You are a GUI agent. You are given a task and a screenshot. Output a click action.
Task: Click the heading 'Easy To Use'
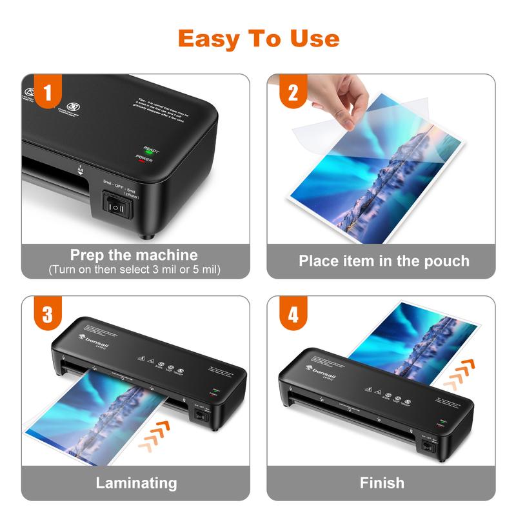coord(258,38)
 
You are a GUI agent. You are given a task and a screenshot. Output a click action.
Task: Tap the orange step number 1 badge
coord(47,93)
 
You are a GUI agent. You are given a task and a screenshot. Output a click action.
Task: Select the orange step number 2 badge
coord(292,93)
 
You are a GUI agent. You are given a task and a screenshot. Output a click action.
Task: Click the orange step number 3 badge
coord(47,315)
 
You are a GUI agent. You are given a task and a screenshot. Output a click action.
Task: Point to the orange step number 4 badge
coord(292,315)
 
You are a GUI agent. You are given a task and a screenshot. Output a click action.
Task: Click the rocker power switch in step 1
coord(117,208)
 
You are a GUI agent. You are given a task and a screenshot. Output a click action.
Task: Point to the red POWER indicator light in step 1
coord(141,161)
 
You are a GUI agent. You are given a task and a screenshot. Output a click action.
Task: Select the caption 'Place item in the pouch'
coord(384,261)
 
